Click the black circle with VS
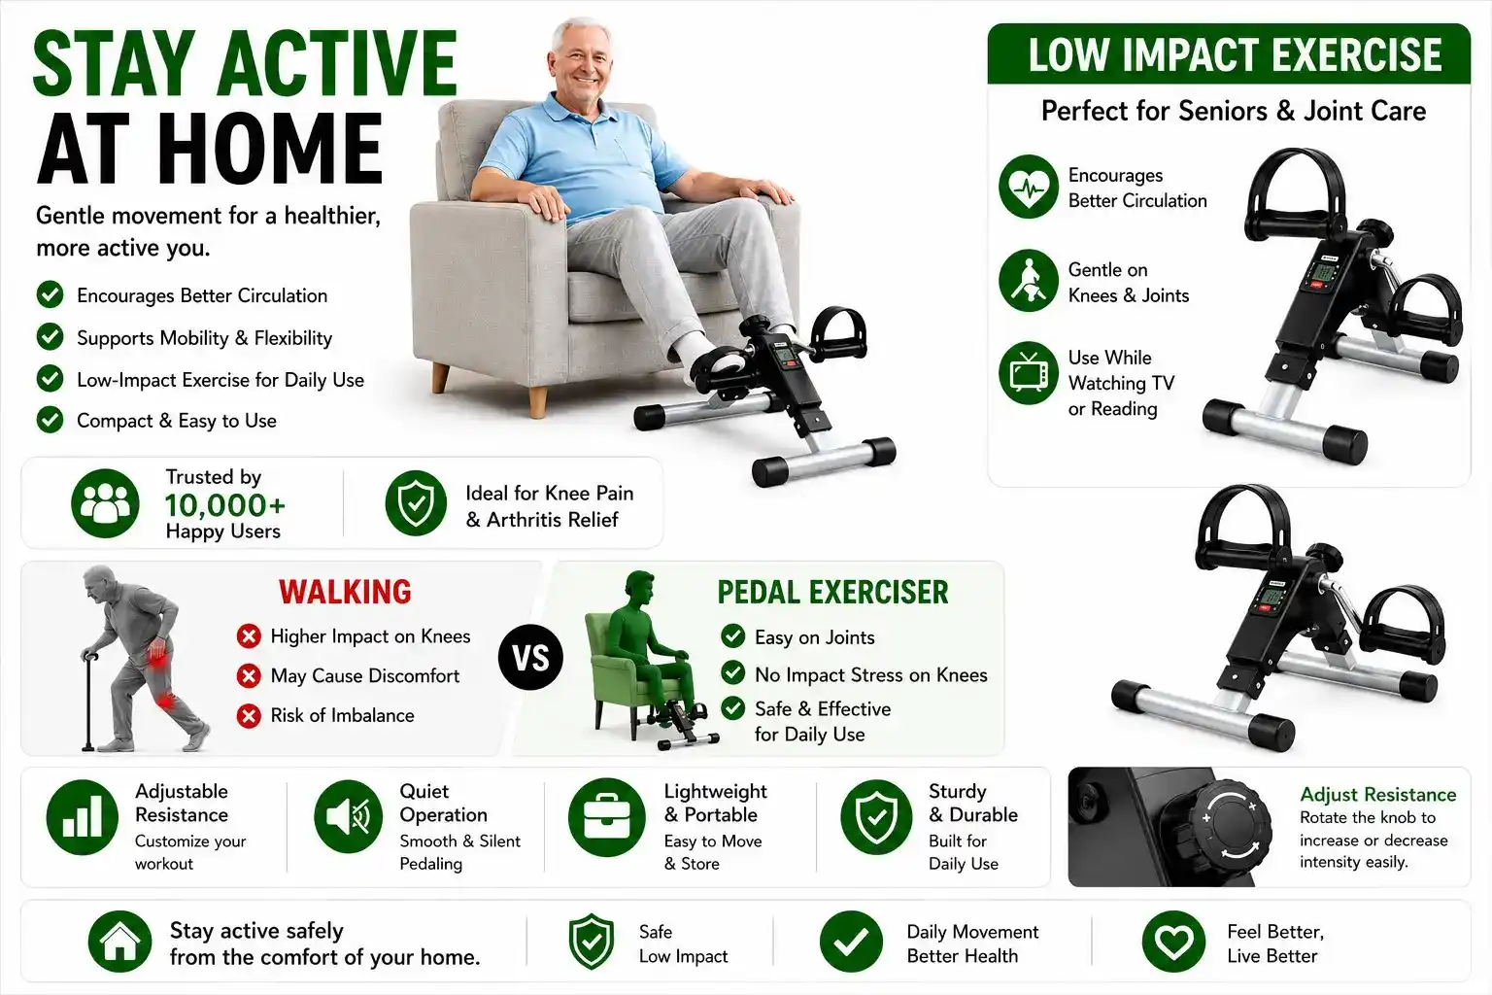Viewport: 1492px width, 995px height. [531, 658]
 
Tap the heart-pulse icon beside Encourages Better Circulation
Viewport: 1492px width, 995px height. [1029, 187]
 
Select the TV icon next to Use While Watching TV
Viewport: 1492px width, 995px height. [1029, 374]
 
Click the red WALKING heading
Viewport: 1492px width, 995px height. [345, 592]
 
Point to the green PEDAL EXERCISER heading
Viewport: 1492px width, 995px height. [832, 592]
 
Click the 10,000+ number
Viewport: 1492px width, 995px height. [225, 505]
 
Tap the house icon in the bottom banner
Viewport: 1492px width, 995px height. [119, 942]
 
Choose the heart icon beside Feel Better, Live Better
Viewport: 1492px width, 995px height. [1173, 942]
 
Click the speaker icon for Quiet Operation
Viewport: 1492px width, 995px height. [349, 816]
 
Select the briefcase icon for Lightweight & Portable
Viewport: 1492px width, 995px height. [607, 817]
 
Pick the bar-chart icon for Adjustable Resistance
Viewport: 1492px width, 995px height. [82, 817]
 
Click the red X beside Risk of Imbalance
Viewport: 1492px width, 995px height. [249, 716]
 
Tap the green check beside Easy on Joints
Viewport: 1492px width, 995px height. [732, 636]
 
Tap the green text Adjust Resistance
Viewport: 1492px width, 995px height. [1378, 795]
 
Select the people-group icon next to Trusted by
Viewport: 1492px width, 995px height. [105, 504]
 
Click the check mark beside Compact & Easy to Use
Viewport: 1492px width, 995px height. [50, 421]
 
